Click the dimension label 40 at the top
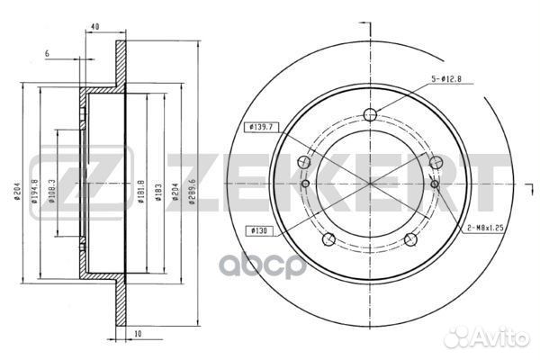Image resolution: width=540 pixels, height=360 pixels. pyautogui.click(x=95, y=26)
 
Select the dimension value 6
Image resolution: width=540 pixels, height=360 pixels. pyautogui.click(x=47, y=53)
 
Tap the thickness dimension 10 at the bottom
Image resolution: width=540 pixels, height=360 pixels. pyautogui.click(x=138, y=334)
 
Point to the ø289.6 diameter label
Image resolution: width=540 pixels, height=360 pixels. pyautogui.click(x=193, y=191)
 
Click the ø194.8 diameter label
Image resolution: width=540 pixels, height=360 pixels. pyautogui.click(x=35, y=191)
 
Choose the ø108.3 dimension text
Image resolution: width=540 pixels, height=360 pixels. pyautogui.click(x=52, y=191)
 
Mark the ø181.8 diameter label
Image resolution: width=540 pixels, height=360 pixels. pyautogui.click(x=141, y=191)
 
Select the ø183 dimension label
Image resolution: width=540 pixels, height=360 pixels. pyautogui.click(x=158, y=191)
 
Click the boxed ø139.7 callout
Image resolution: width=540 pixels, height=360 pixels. pyautogui.click(x=261, y=127)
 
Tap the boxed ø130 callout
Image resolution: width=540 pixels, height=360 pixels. pyautogui.click(x=259, y=230)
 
